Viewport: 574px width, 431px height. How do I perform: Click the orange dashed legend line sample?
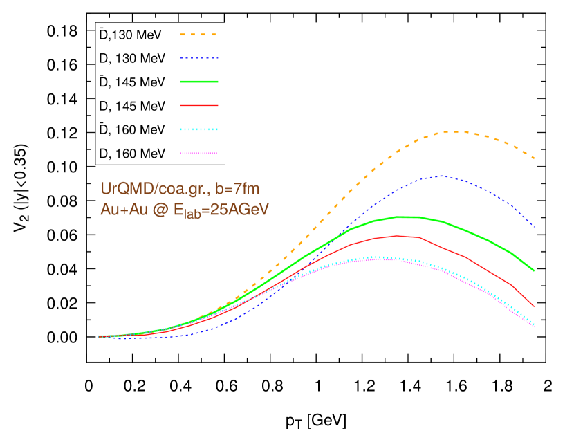(199, 34)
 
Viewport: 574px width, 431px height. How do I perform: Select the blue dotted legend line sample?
(199, 58)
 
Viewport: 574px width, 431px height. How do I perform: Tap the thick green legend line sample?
(199, 82)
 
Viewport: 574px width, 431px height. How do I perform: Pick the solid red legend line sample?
(199, 105)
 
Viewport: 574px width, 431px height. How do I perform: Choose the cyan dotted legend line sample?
(199, 129)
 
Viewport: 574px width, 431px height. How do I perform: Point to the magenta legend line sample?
(199, 153)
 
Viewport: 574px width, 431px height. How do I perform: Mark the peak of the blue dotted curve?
(441, 176)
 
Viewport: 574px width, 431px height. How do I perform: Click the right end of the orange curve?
(534, 159)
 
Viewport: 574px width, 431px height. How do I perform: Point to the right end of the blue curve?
(534, 226)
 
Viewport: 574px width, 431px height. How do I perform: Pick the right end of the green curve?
(534, 270)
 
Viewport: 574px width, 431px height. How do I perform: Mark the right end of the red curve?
(534, 306)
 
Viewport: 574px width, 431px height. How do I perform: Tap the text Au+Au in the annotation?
(122, 210)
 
